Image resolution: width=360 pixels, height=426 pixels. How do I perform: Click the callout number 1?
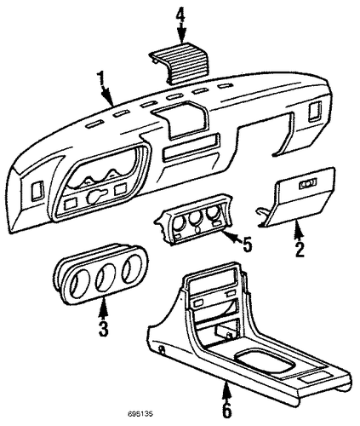(x=100, y=79)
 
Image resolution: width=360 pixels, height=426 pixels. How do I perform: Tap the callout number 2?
(x=300, y=249)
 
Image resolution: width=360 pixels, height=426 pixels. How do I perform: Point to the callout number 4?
(x=180, y=15)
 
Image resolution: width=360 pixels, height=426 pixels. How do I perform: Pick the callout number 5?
(x=247, y=244)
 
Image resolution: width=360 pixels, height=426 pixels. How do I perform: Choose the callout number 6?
(x=227, y=410)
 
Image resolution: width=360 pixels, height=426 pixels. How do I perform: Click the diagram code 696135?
(x=140, y=414)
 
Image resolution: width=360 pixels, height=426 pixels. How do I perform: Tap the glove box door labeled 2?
(x=296, y=198)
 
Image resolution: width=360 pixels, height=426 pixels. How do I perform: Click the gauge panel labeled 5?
(x=193, y=219)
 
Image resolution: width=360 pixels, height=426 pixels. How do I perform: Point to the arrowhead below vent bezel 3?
(x=104, y=308)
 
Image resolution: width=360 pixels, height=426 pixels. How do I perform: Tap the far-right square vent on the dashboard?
(x=314, y=112)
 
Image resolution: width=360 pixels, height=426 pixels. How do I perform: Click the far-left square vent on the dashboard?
(x=37, y=190)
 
